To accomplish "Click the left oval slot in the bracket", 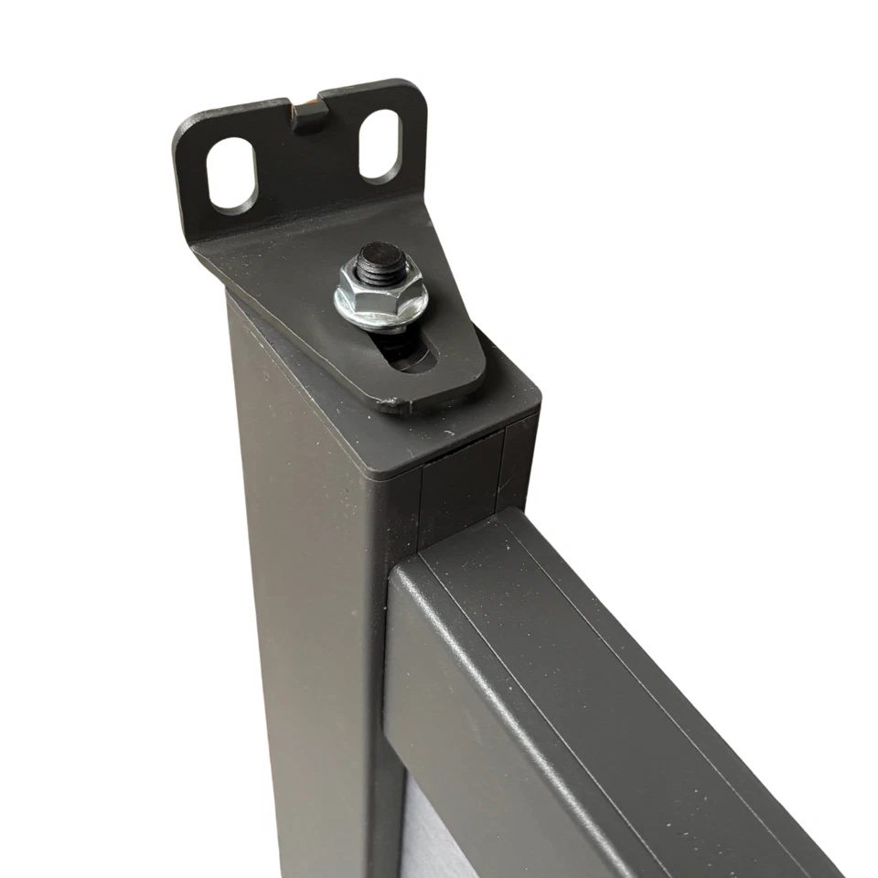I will pyautogui.click(x=230, y=175).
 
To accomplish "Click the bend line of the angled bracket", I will pyautogui.click(x=302, y=229).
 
